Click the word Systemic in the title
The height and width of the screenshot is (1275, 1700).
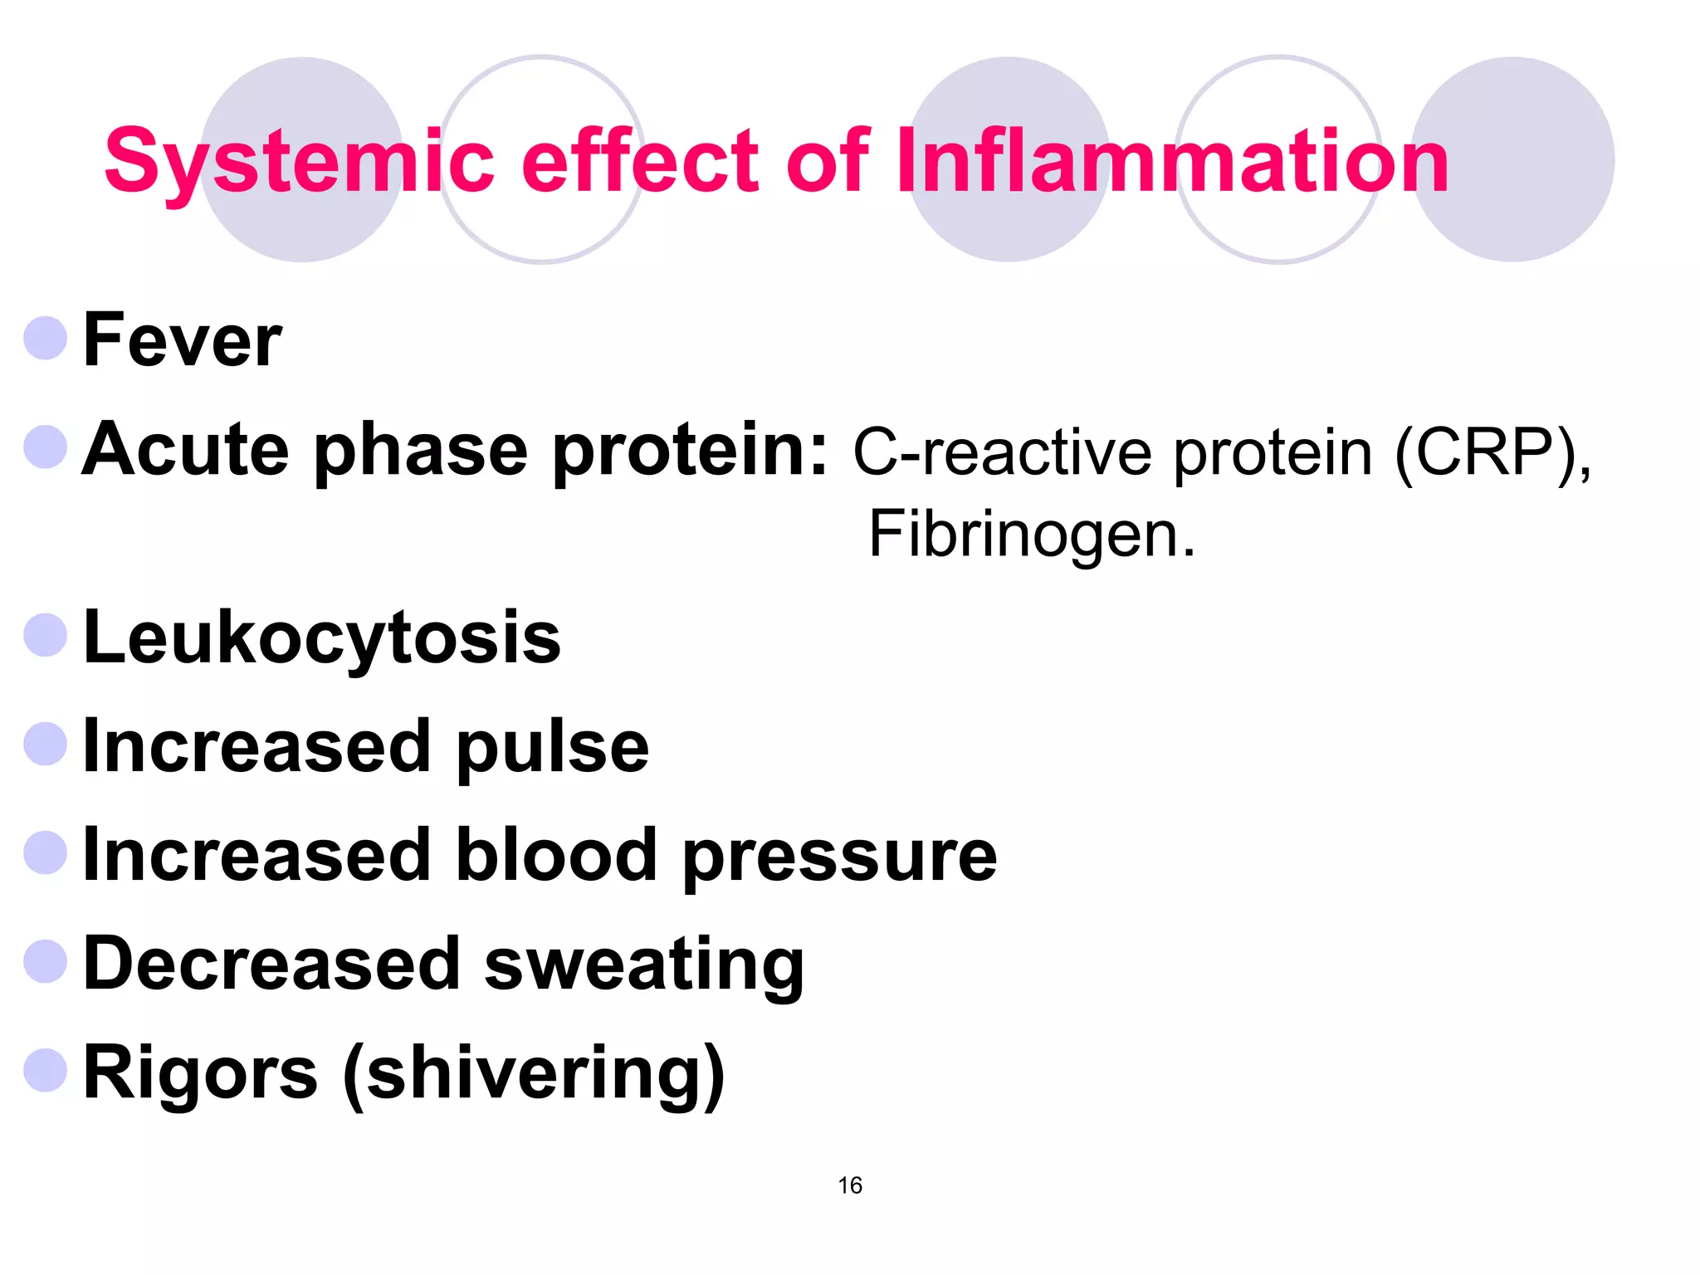tap(299, 162)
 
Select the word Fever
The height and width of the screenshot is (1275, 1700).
tap(183, 340)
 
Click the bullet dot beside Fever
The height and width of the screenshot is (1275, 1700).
tap(46, 338)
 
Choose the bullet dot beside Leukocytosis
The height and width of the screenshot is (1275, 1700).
tap(46, 635)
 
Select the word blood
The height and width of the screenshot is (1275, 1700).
tap(556, 856)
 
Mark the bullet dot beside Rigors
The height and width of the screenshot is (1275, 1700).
tap(46, 1070)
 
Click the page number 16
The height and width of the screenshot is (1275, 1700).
tap(850, 1185)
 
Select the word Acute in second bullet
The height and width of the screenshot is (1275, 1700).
tap(186, 451)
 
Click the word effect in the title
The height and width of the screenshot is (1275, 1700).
tap(639, 162)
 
